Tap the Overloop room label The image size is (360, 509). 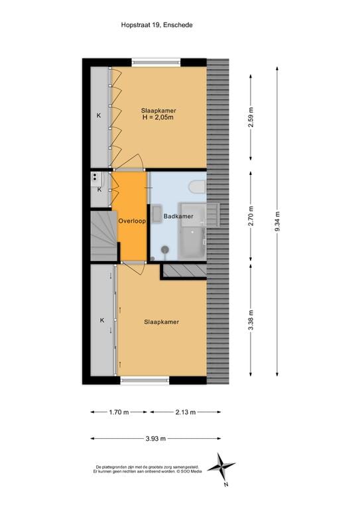click(132, 221)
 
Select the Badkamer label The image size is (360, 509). click(178, 216)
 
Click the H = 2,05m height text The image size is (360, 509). click(158, 118)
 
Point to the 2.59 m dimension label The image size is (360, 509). click(251, 118)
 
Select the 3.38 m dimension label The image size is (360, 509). click(251, 322)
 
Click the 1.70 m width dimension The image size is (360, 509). click(120, 412)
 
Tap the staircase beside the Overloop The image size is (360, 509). click(103, 236)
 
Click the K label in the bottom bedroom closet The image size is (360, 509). click(102, 321)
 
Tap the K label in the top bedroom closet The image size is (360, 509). click(99, 116)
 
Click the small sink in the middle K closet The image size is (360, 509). click(97, 177)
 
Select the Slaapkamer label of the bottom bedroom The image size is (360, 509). click(162, 322)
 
